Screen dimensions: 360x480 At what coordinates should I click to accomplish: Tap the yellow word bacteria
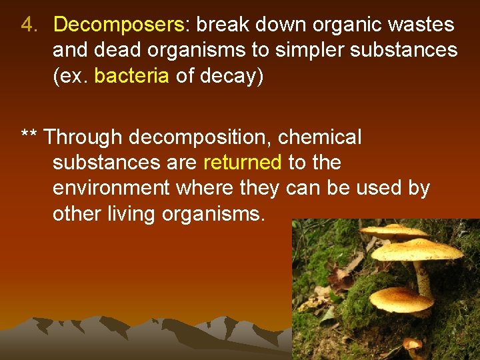(131, 76)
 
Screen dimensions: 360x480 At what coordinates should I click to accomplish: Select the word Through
(84, 137)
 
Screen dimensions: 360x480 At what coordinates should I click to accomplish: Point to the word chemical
(320, 137)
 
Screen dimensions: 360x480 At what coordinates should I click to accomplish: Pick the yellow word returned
(242, 163)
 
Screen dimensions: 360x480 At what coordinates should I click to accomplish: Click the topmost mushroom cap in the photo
(393, 232)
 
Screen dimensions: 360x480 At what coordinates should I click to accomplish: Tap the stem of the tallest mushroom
(422, 277)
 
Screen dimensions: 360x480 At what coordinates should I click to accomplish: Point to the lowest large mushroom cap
(401, 300)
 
